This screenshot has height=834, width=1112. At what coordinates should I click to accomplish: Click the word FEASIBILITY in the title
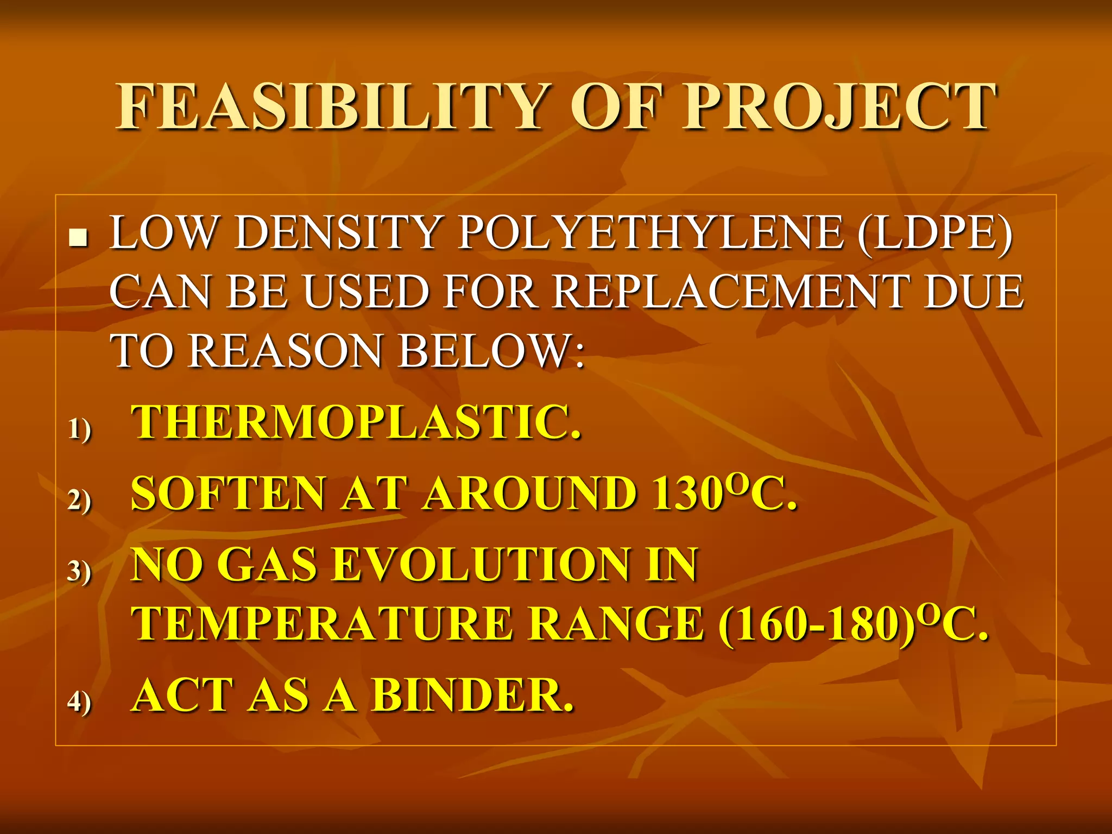click(331, 107)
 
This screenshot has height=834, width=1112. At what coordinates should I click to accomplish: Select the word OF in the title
click(617, 107)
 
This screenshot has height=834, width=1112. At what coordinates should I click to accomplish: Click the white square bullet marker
click(79, 238)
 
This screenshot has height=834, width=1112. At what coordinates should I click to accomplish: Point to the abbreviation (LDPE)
click(935, 233)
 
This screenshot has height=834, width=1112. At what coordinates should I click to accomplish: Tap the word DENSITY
click(337, 233)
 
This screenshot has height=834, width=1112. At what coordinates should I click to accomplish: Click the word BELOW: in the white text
click(492, 351)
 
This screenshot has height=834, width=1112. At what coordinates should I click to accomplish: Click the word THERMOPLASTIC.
click(356, 422)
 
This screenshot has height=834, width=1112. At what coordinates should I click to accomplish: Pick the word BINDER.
click(472, 696)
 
